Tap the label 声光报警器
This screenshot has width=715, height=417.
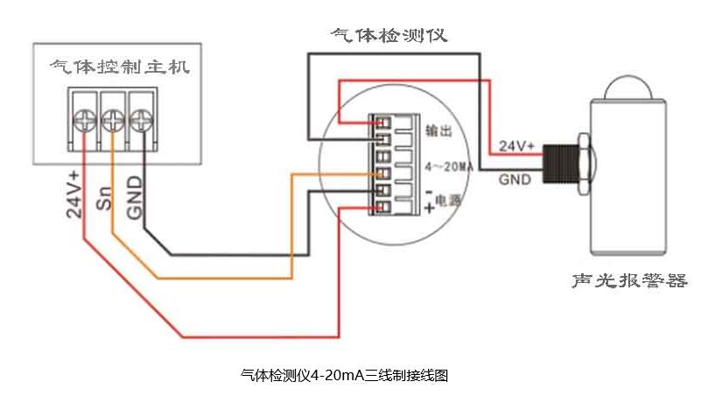coord(628,281)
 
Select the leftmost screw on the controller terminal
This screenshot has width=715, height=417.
coord(84,118)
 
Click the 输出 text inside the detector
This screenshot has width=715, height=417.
coord(438,131)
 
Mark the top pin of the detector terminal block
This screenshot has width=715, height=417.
coord(382,121)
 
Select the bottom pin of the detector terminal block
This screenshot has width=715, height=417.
coord(382,207)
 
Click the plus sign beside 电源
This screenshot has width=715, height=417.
coord(430,208)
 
